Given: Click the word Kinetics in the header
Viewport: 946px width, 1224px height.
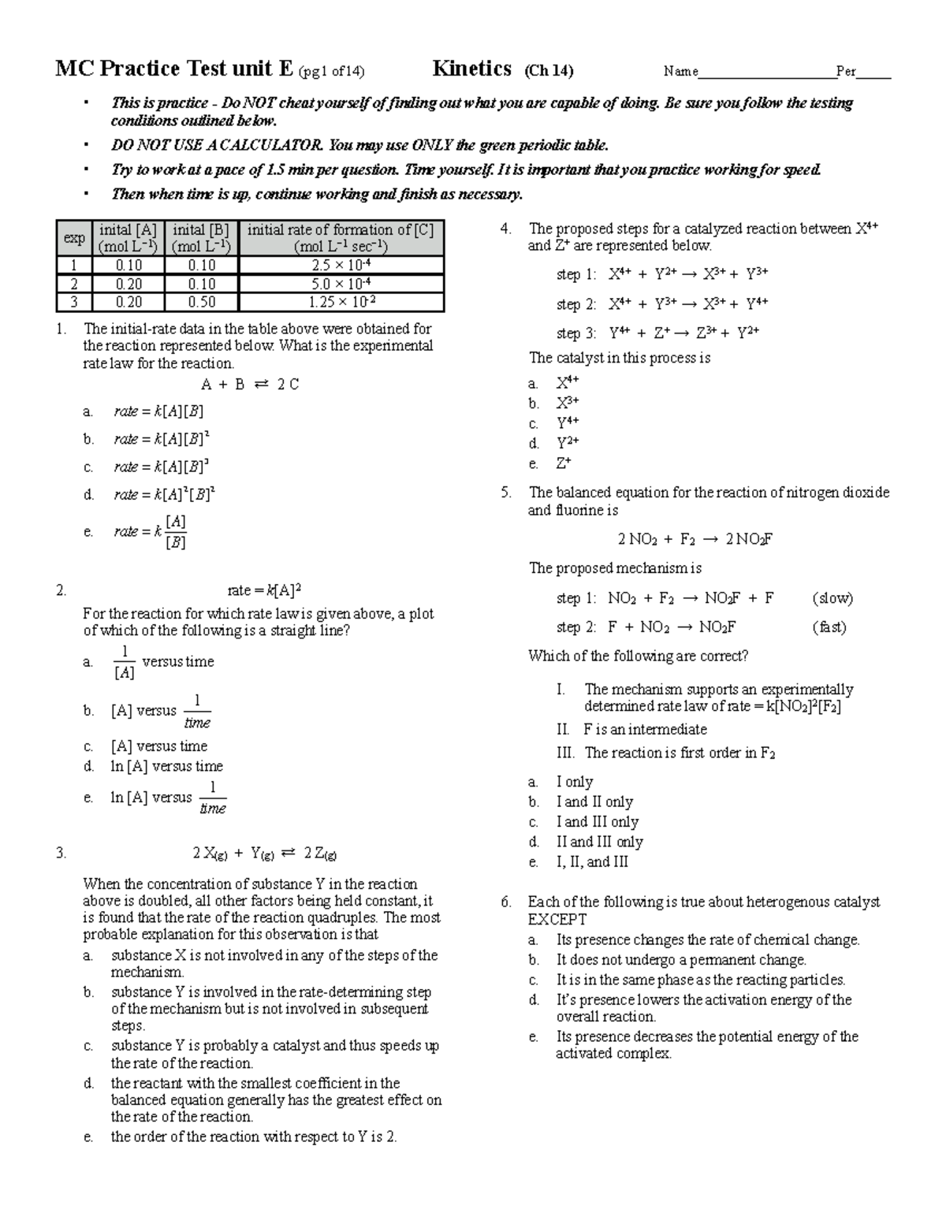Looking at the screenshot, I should tap(471, 69).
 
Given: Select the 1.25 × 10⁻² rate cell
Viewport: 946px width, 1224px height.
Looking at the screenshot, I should tap(341, 302).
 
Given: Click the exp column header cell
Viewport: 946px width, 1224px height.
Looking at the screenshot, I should tap(74, 238).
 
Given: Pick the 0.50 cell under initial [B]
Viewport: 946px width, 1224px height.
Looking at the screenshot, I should tap(202, 302).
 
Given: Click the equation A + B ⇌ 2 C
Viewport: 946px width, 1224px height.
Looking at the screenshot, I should tap(250, 385).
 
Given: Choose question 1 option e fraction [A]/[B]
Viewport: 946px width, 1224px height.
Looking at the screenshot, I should tap(175, 532).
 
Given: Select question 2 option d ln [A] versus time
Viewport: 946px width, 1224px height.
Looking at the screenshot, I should tap(166, 766).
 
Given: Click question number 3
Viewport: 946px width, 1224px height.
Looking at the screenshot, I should tap(61, 853).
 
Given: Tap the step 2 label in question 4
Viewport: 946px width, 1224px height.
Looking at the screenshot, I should tap(576, 304).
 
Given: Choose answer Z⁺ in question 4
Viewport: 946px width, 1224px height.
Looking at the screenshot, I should tap(563, 463).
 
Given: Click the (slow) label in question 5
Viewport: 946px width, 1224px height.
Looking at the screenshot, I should tap(832, 598).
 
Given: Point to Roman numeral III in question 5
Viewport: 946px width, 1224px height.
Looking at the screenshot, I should tap(565, 753).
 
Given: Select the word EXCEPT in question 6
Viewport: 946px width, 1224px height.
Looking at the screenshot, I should tap(557, 920).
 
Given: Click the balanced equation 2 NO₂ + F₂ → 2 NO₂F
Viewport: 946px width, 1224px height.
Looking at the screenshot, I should tap(695, 539).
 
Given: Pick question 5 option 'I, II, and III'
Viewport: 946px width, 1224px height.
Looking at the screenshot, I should tap(592, 861).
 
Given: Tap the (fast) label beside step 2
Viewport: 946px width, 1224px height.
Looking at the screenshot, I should tap(829, 627).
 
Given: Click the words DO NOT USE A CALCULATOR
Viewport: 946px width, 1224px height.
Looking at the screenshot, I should tap(217, 145).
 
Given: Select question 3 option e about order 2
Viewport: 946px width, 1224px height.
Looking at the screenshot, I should tap(253, 1137).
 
